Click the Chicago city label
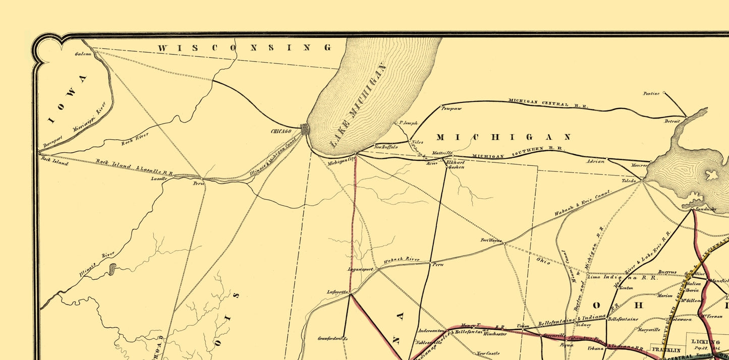pos(281,132)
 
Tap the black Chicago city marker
pos(305,129)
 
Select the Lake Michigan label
pos(357,105)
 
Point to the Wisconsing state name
pos(244,48)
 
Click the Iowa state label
pos(69,99)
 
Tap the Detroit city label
pos(672,121)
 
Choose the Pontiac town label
pos(652,93)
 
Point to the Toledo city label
pos(630,180)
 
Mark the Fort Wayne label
pos(491,241)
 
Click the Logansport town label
pos(360,269)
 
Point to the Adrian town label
pos(595,161)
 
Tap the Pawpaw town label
pos(452,108)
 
